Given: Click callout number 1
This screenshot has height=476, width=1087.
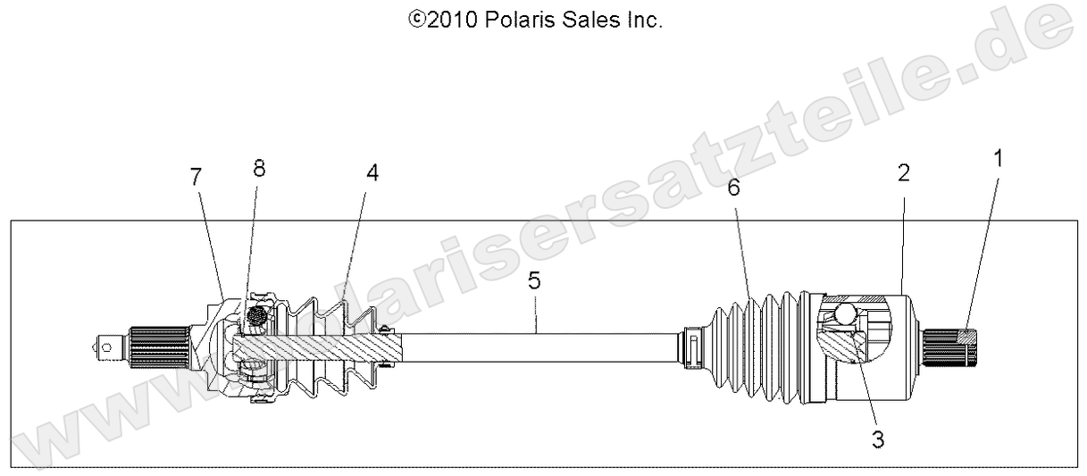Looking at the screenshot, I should point(998,159).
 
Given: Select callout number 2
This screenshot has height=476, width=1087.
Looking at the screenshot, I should point(903,173).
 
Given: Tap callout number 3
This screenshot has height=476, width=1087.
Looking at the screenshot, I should point(878,438).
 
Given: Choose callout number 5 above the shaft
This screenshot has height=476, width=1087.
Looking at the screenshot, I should point(534,281).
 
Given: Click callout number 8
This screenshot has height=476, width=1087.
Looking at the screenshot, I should point(259,169).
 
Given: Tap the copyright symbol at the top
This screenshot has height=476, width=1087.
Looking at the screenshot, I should point(416,21).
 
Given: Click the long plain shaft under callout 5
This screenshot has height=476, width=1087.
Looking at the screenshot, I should point(536,347).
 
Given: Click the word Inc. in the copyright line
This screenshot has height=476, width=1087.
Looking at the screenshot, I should point(641,21).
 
